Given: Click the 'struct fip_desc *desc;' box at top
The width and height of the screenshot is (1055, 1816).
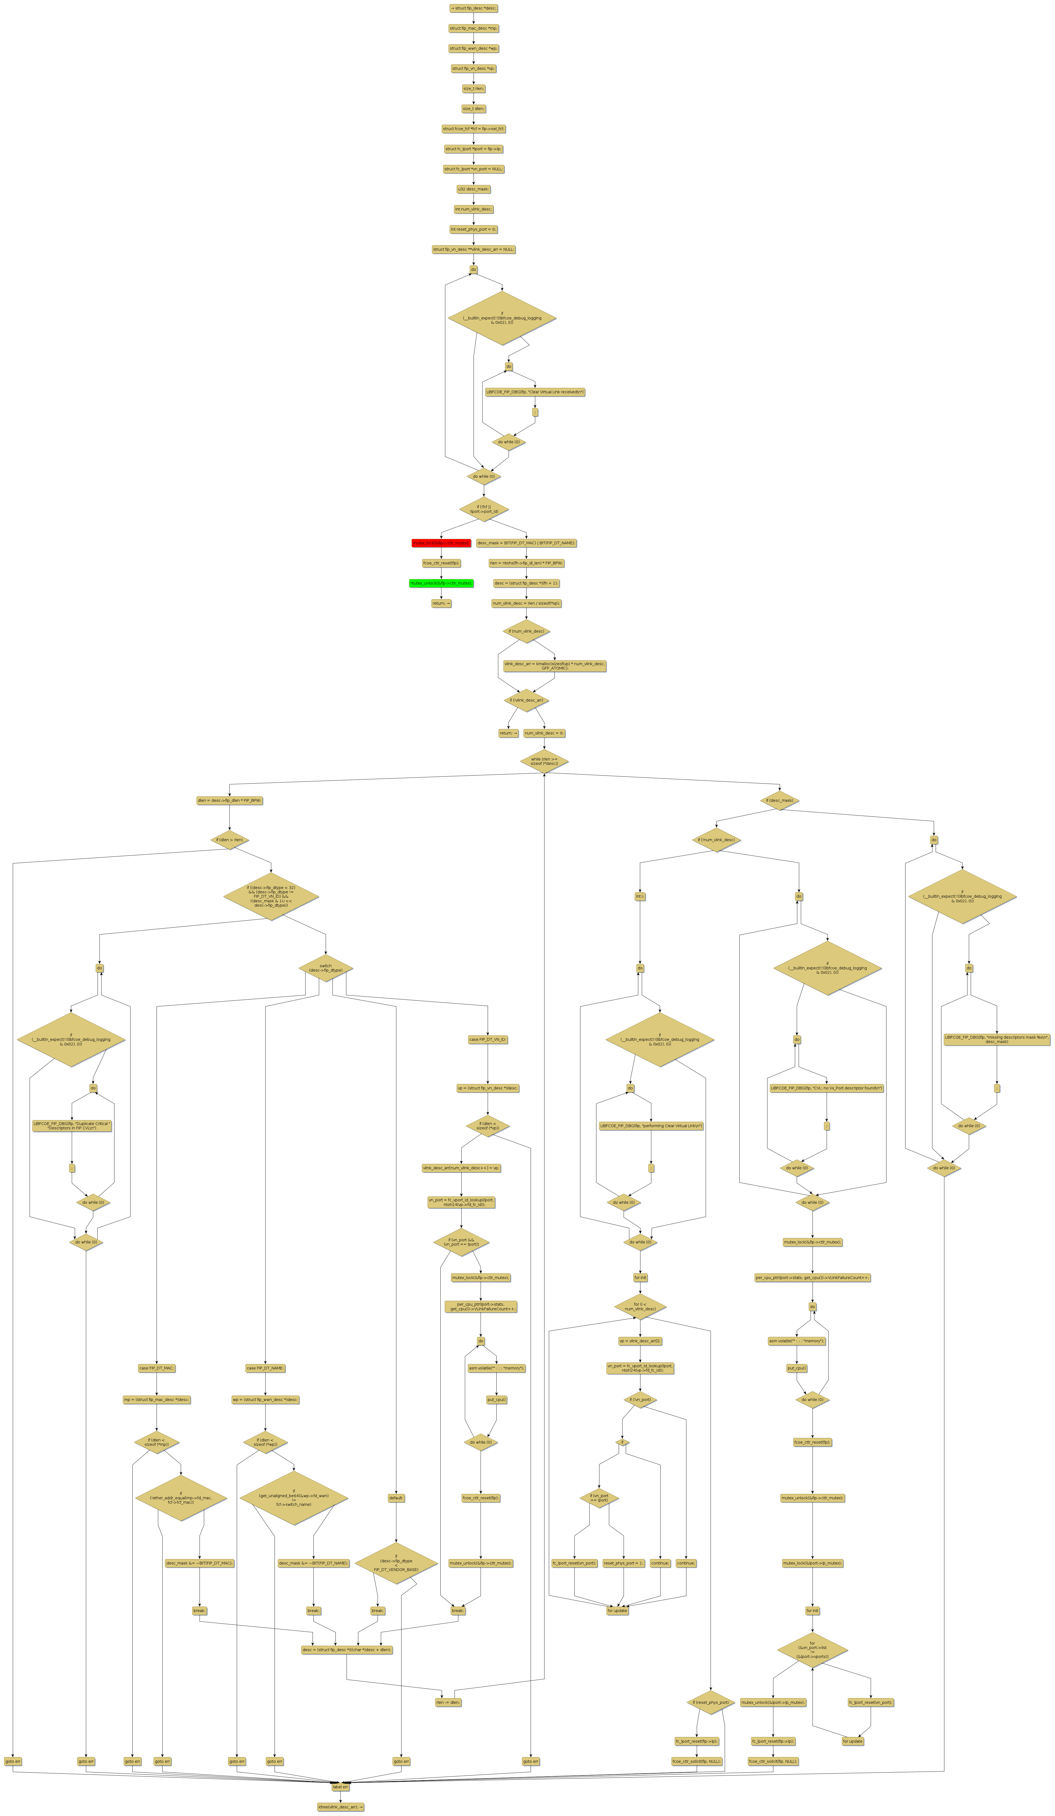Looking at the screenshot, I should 473,9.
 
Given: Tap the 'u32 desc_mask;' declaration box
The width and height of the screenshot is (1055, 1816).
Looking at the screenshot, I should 473,189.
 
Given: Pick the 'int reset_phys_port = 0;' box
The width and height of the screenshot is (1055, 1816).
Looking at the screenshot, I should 473,229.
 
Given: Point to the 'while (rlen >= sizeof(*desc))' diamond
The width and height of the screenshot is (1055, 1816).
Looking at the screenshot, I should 544,761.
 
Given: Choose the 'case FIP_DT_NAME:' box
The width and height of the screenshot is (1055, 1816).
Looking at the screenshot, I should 265,1368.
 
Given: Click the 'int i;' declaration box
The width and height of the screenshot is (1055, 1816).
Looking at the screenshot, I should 640,897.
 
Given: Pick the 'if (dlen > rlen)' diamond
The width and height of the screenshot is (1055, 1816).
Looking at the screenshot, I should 229,840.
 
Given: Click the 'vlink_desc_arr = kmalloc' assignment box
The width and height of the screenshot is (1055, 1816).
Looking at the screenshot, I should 555,665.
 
